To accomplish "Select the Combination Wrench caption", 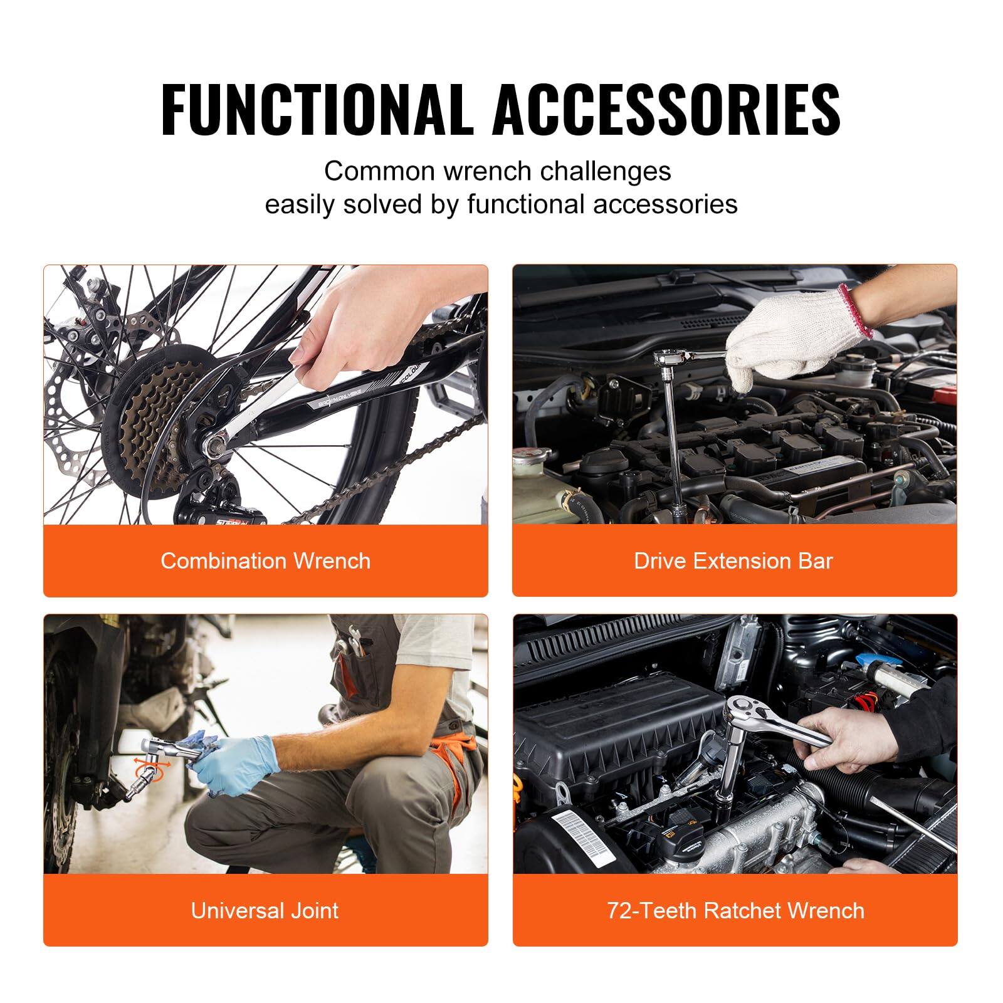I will (265, 560).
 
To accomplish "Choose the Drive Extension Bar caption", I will (733, 560).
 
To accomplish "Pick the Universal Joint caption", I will (265, 910).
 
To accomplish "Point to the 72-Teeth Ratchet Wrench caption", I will (735, 910).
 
